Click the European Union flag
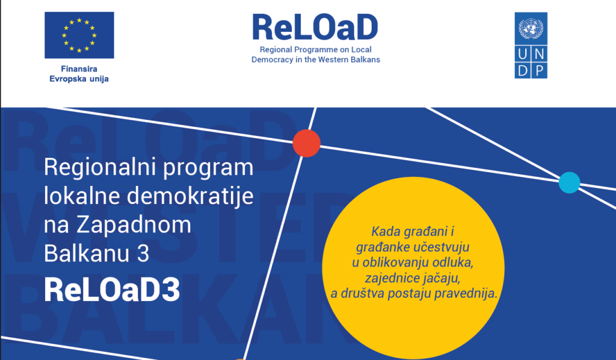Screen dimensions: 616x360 pyautogui.click(x=79, y=35)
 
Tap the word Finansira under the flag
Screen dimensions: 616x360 pyautogui.click(x=79, y=69)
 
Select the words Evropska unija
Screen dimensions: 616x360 pyautogui.click(x=79, y=79)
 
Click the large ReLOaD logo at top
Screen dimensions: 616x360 pyautogui.click(x=315, y=27)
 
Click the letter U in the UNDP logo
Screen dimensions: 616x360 pyautogui.click(x=523, y=54)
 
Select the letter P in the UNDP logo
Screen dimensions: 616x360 pyautogui.click(x=540, y=71)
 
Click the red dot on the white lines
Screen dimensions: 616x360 pyautogui.click(x=306, y=143)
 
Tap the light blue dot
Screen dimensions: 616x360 pyautogui.click(x=569, y=182)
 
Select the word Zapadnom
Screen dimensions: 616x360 pyautogui.click(x=134, y=225)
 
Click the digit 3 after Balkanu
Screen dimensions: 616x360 pyautogui.click(x=143, y=253)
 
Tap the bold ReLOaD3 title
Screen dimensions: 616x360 pyautogui.click(x=112, y=290)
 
